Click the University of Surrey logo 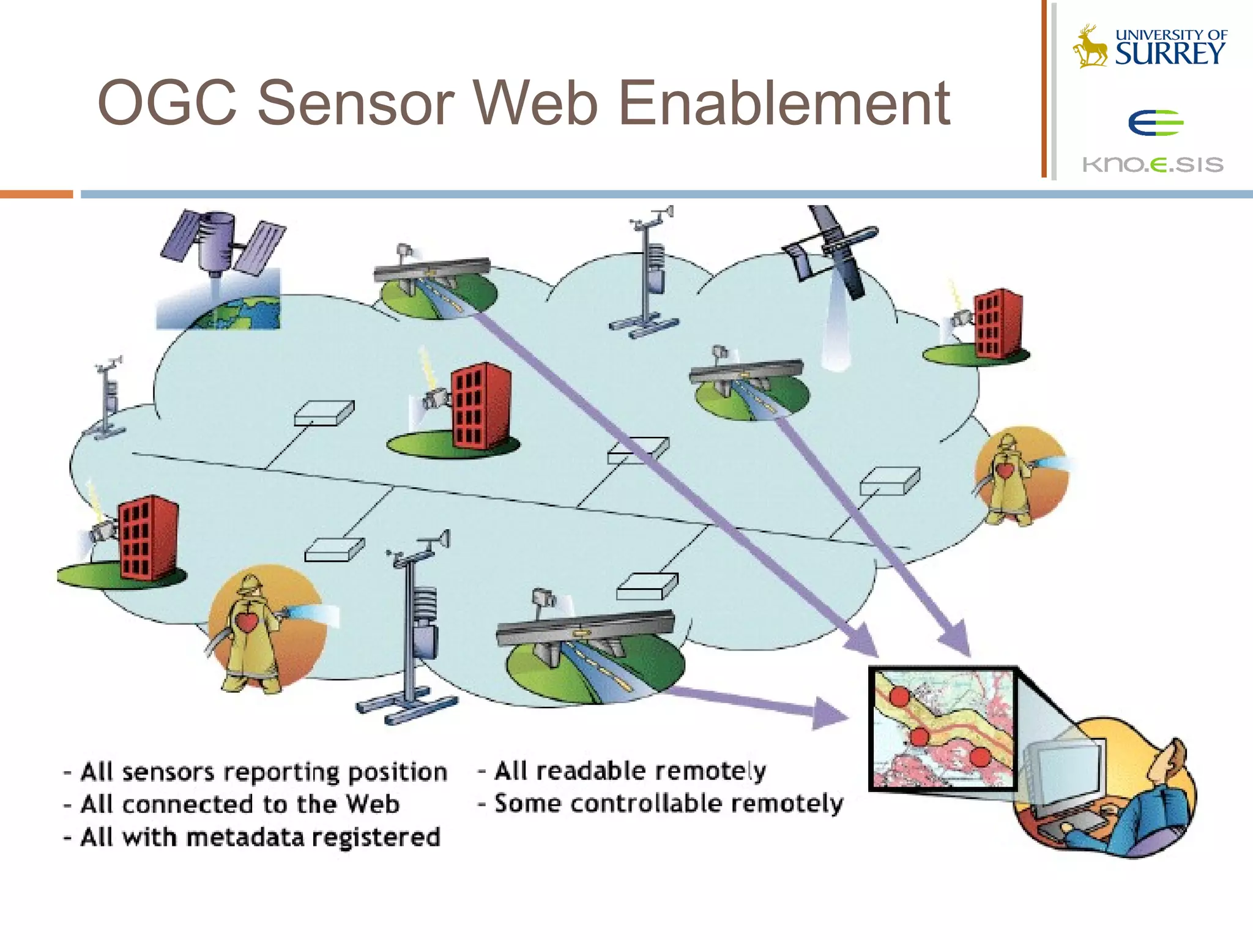point(1150,47)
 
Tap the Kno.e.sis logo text point(1153,164)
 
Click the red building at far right point(997,324)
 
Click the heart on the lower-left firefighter point(247,622)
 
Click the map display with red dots point(942,728)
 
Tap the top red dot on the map point(899,696)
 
